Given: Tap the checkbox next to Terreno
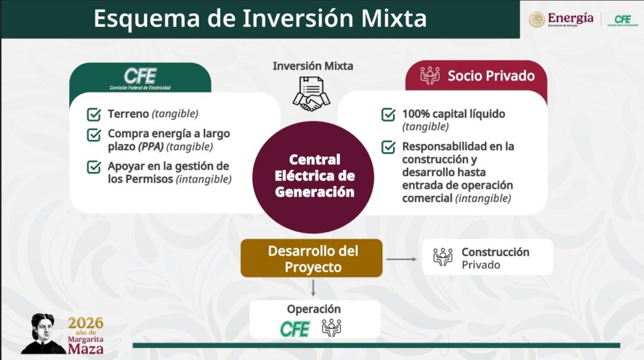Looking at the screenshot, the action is [x=94, y=114].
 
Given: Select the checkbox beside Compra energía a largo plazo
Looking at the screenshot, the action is [x=94, y=135].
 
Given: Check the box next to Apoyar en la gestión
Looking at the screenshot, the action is [x=94, y=166].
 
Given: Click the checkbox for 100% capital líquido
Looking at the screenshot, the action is [x=389, y=114].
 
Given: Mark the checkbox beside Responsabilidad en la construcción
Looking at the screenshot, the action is [x=389, y=146].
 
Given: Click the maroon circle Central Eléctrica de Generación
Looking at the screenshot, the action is [x=313, y=177].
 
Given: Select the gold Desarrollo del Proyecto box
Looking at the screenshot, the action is [x=312, y=258].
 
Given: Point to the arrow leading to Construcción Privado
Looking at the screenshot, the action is [x=401, y=259].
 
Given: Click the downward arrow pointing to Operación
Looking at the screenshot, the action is [x=313, y=288].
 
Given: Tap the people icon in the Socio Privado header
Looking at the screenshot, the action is [x=430, y=76].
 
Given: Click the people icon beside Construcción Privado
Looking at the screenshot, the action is [x=443, y=257].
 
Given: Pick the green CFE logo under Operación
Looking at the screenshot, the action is [x=295, y=329].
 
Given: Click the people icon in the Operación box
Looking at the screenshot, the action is [x=331, y=328].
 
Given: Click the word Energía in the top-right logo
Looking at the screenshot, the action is [x=570, y=18].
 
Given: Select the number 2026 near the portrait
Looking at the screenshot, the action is [x=86, y=323].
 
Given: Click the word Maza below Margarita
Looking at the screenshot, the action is [x=86, y=349].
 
